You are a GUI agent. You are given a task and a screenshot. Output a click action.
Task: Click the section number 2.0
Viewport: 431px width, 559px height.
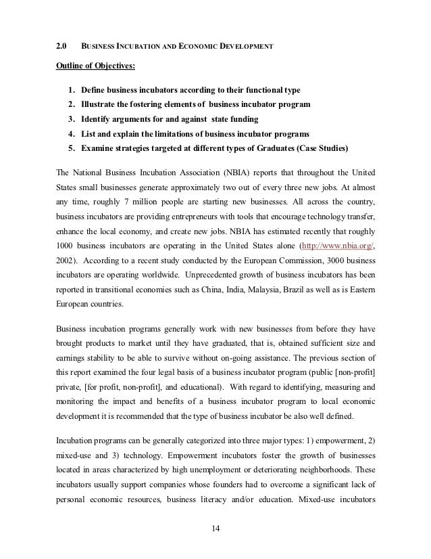coord(59,46)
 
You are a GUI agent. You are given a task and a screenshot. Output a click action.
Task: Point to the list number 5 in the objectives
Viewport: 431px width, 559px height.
coord(71,148)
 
